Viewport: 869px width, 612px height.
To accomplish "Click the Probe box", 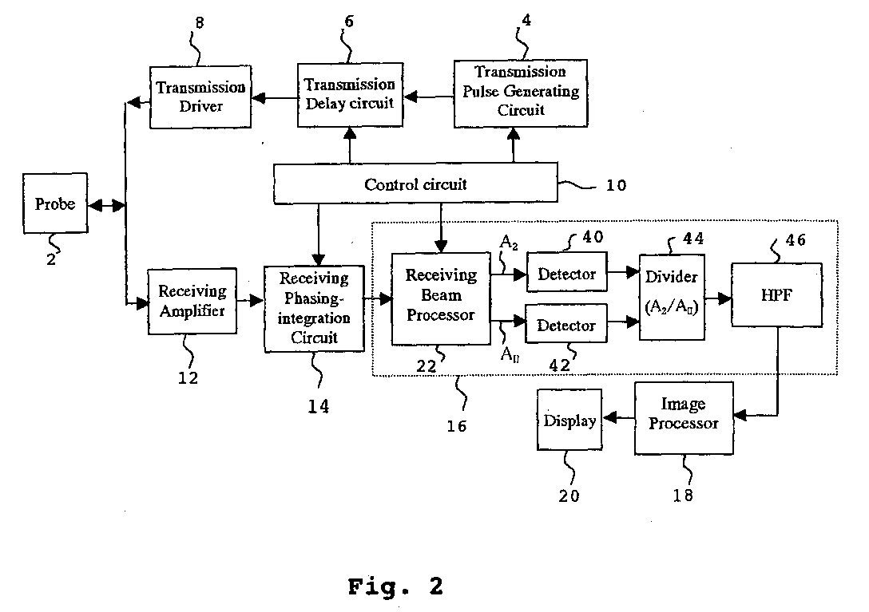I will (55, 205).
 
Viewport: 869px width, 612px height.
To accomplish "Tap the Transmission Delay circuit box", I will (349, 94).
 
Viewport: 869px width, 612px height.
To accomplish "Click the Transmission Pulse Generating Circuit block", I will (521, 92).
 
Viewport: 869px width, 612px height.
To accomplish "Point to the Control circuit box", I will (416, 184).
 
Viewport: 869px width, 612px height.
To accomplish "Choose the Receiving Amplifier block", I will (192, 301).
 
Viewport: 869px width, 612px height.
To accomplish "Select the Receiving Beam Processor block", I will (440, 298).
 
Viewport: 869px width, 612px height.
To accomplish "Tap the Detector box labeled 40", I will (566, 274).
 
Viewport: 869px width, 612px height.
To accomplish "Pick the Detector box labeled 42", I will (565, 326).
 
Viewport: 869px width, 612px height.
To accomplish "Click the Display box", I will (569, 420).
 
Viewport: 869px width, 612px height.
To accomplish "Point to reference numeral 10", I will (615, 187).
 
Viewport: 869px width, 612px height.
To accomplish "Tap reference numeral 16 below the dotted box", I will (457, 425).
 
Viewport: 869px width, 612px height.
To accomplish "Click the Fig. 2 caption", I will (395, 587).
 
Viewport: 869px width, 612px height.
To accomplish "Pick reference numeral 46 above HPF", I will (795, 239).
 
